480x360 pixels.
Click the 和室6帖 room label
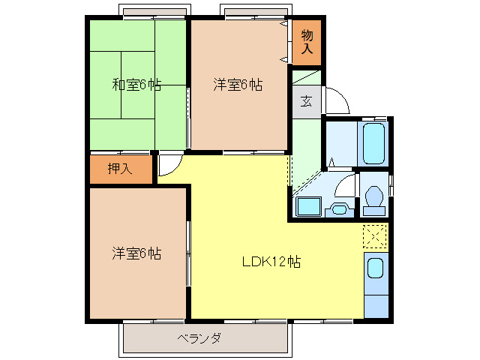pyautogui.click(x=136, y=85)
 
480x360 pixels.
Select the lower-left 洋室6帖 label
pyautogui.click(x=136, y=253)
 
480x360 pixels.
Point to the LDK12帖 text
pyautogui.click(x=271, y=262)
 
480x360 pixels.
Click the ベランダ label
pyautogui.click(x=199, y=338)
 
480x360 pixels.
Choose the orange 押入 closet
pyautogui.click(x=120, y=169)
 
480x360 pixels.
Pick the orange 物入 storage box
pyautogui.click(x=307, y=41)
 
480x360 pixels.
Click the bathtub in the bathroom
pyautogui.click(x=373, y=143)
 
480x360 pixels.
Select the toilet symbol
pyautogui.click(x=373, y=196)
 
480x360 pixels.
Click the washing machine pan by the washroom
pyautogui.click(x=308, y=207)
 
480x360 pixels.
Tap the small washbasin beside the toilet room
pyautogui.click(x=339, y=209)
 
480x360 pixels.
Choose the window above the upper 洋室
pyautogui.click(x=256, y=12)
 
